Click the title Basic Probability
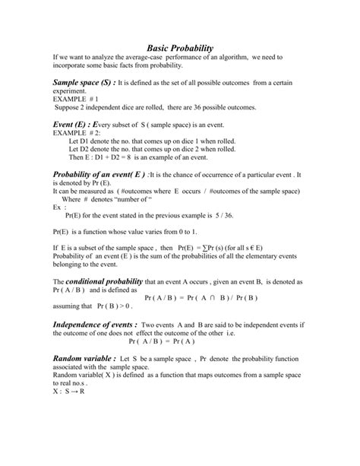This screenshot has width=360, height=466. click(179, 47)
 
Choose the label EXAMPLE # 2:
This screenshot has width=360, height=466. click(78, 133)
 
